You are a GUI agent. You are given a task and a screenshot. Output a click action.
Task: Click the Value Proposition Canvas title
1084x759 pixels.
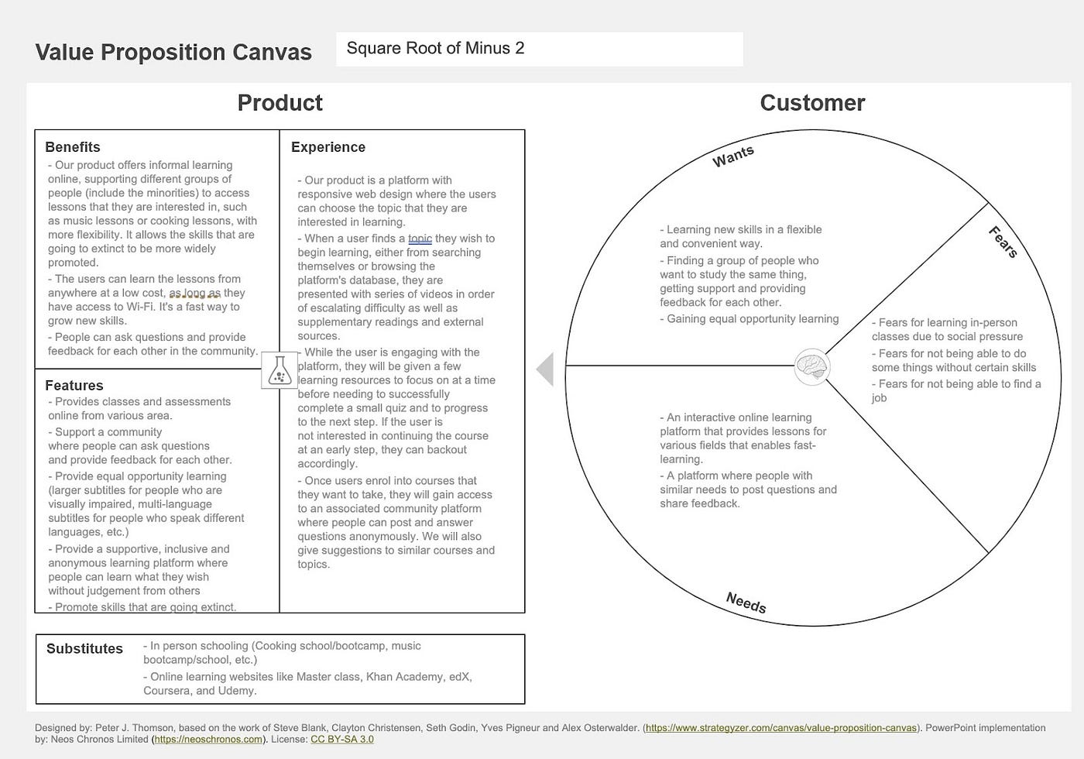click(x=173, y=52)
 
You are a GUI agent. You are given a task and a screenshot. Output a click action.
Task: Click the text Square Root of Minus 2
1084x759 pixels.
click(x=435, y=48)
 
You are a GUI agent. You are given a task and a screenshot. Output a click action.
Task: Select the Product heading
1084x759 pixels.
click(x=280, y=102)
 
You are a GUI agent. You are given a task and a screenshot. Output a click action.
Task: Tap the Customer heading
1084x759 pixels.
click(x=812, y=102)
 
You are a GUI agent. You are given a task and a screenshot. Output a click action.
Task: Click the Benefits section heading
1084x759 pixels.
click(x=73, y=147)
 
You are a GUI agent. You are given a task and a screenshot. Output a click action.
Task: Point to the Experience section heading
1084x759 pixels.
click(x=328, y=147)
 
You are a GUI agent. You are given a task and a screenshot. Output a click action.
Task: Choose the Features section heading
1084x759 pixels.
click(x=74, y=385)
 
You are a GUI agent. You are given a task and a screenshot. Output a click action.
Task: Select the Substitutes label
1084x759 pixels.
click(x=84, y=649)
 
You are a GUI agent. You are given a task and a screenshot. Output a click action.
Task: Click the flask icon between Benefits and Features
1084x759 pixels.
click(x=280, y=371)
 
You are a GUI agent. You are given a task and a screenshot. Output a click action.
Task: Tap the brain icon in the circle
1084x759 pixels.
click(x=812, y=366)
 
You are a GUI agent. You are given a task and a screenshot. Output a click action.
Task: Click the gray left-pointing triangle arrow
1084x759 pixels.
click(x=545, y=369)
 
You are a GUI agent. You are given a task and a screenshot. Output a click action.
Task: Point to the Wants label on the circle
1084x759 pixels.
click(x=732, y=156)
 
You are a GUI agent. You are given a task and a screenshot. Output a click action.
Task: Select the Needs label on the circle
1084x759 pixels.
click(x=746, y=602)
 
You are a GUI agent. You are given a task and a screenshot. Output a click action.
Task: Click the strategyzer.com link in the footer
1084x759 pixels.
click(x=781, y=728)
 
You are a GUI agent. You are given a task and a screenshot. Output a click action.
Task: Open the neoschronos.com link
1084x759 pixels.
click(x=208, y=740)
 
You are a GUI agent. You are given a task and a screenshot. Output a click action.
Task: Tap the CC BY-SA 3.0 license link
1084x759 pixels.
click(x=341, y=740)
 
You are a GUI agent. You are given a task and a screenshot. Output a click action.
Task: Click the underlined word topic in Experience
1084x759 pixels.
click(x=420, y=239)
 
